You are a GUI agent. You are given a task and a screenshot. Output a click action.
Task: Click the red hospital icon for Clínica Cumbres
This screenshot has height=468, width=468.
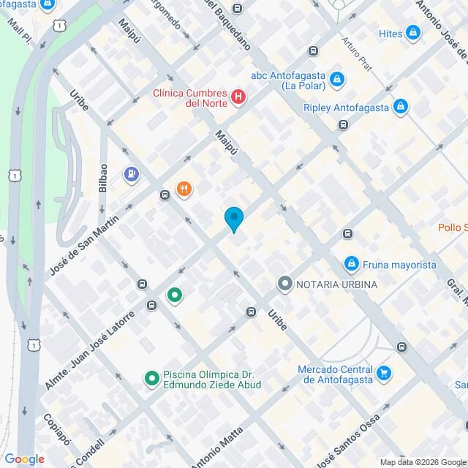click(x=238, y=97)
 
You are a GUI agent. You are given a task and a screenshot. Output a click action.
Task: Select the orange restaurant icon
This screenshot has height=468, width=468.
click(x=184, y=189)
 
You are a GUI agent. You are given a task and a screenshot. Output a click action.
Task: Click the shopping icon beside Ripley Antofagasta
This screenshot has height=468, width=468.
click(x=399, y=107)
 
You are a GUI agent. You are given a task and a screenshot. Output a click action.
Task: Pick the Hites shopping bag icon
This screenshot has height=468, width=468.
click(x=413, y=33)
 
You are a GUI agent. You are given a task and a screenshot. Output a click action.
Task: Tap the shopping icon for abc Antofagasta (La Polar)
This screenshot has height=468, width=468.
click(x=336, y=78)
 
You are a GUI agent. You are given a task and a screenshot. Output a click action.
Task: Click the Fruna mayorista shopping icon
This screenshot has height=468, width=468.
click(x=352, y=263)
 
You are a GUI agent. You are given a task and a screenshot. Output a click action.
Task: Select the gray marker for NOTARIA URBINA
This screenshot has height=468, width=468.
click(x=284, y=283)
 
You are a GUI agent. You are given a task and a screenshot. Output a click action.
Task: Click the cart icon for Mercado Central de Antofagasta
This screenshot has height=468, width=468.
click(x=383, y=374)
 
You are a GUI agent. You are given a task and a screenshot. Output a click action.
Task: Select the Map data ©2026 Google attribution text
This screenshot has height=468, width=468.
click(x=423, y=461)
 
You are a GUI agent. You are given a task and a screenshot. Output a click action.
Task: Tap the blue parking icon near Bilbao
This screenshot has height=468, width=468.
click(x=132, y=174)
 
